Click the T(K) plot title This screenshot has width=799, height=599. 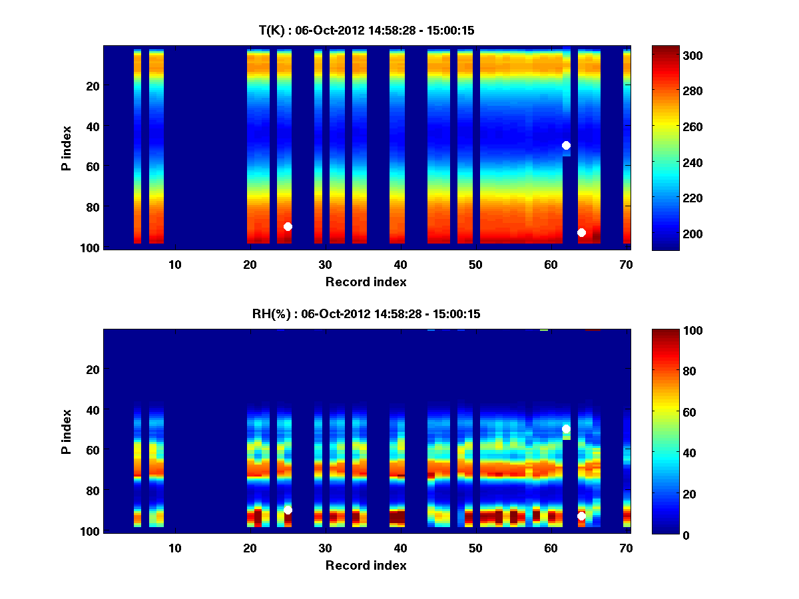click(x=366, y=30)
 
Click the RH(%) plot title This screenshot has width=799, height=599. click(x=366, y=313)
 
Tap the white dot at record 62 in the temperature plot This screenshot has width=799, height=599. click(x=566, y=145)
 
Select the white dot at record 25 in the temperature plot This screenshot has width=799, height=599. click(x=288, y=226)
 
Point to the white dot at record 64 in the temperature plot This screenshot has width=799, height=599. click(x=581, y=232)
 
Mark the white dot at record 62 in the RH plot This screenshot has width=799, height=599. click(x=566, y=429)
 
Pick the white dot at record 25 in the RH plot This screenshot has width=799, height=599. click(x=288, y=510)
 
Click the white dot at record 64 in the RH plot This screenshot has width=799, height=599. click(x=581, y=516)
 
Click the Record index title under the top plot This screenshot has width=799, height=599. click(x=366, y=282)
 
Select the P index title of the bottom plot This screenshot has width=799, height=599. click(x=66, y=431)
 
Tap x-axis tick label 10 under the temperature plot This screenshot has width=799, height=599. click(x=174, y=264)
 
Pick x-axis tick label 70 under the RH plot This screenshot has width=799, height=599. click(x=626, y=548)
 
